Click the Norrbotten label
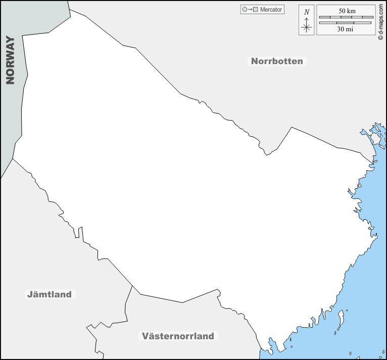(x=277, y=61)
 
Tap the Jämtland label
(x=50, y=294)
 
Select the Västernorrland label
(x=178, y=336)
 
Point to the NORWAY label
(x=10, y=60)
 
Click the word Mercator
(x=271, y=10)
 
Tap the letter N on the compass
(x=307, y=12)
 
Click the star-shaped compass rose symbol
(x=307, y=27)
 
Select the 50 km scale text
(x=347, y=11)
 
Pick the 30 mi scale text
(x=347, y=29)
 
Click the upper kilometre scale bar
(x=347, y=17)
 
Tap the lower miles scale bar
(x=347, y=23)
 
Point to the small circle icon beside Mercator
(x=245, y=10)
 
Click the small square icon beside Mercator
(x=256, y=10)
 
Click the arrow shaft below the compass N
(x=307, y=20)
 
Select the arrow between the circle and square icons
(x=250, y=10)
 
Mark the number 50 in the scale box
(x=342, y=11)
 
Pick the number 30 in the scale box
(x=342, y=29)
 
